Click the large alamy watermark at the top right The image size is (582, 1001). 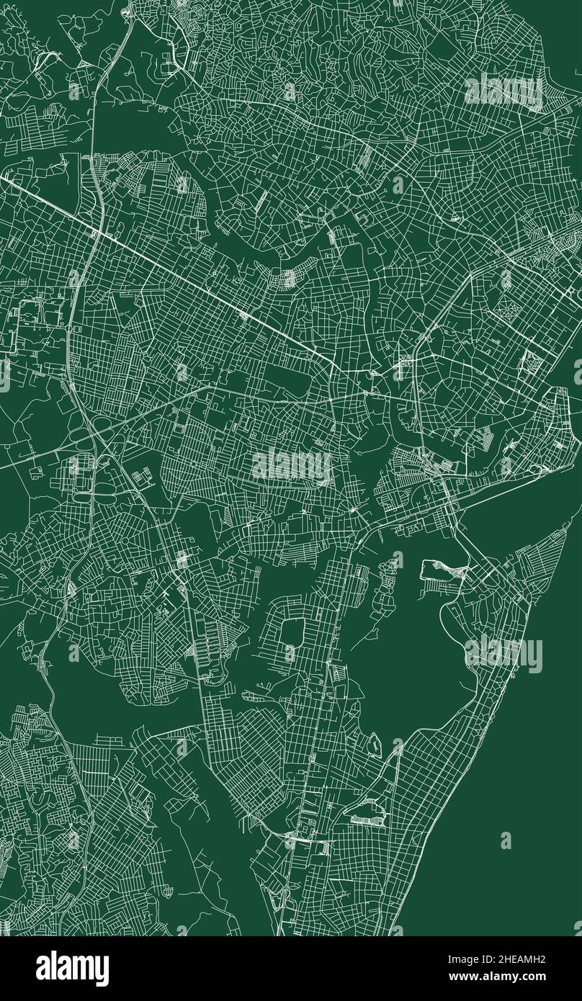coord(503,91)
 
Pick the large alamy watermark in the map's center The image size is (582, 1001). coord(292,466)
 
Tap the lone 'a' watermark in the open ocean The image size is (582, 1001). coord(506,840)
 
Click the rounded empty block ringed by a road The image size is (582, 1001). coord(293,632)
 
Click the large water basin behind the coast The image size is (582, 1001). coord(411,648)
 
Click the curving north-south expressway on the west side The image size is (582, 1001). coord(79,288)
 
